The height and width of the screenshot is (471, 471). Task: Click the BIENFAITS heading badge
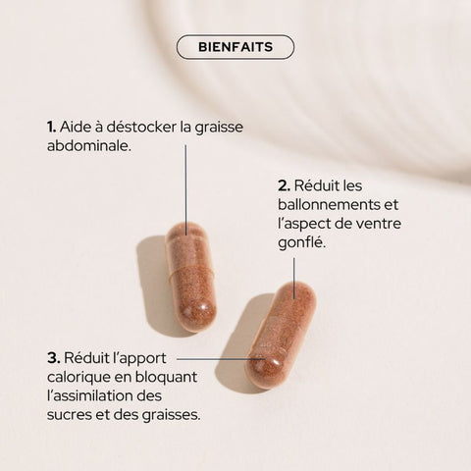235,47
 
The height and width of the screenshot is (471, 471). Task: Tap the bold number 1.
50,127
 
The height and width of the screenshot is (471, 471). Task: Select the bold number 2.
284,184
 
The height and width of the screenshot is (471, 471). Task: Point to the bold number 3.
53,356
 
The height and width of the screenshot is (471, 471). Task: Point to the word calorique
80,377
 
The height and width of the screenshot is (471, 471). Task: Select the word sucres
70,414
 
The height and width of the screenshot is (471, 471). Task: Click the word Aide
76,127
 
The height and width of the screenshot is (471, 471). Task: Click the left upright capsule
190,277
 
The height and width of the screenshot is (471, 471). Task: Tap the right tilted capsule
282,335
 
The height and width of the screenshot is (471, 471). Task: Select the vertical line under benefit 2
293,275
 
